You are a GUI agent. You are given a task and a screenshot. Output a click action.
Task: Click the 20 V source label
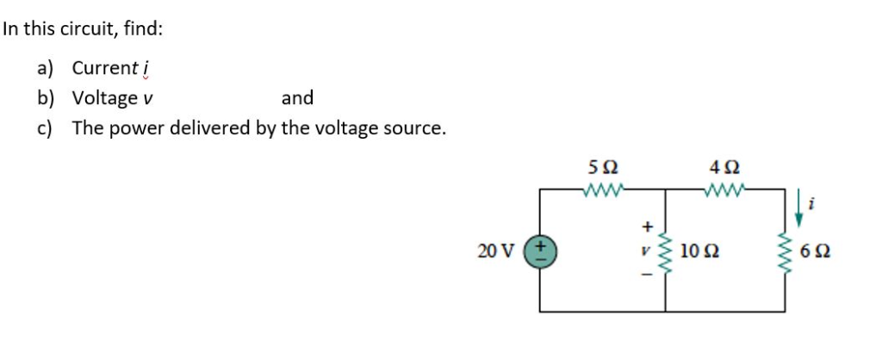[494, 251]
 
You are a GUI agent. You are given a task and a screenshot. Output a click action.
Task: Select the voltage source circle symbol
[541, 251]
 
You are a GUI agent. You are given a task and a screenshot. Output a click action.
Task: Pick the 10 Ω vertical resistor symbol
[665, 251]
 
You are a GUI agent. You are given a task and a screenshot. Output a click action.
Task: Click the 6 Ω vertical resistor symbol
[785, 251]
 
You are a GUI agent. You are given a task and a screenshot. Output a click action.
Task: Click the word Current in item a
[103, 67]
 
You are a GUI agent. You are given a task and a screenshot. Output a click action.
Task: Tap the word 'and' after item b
[297, 98]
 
